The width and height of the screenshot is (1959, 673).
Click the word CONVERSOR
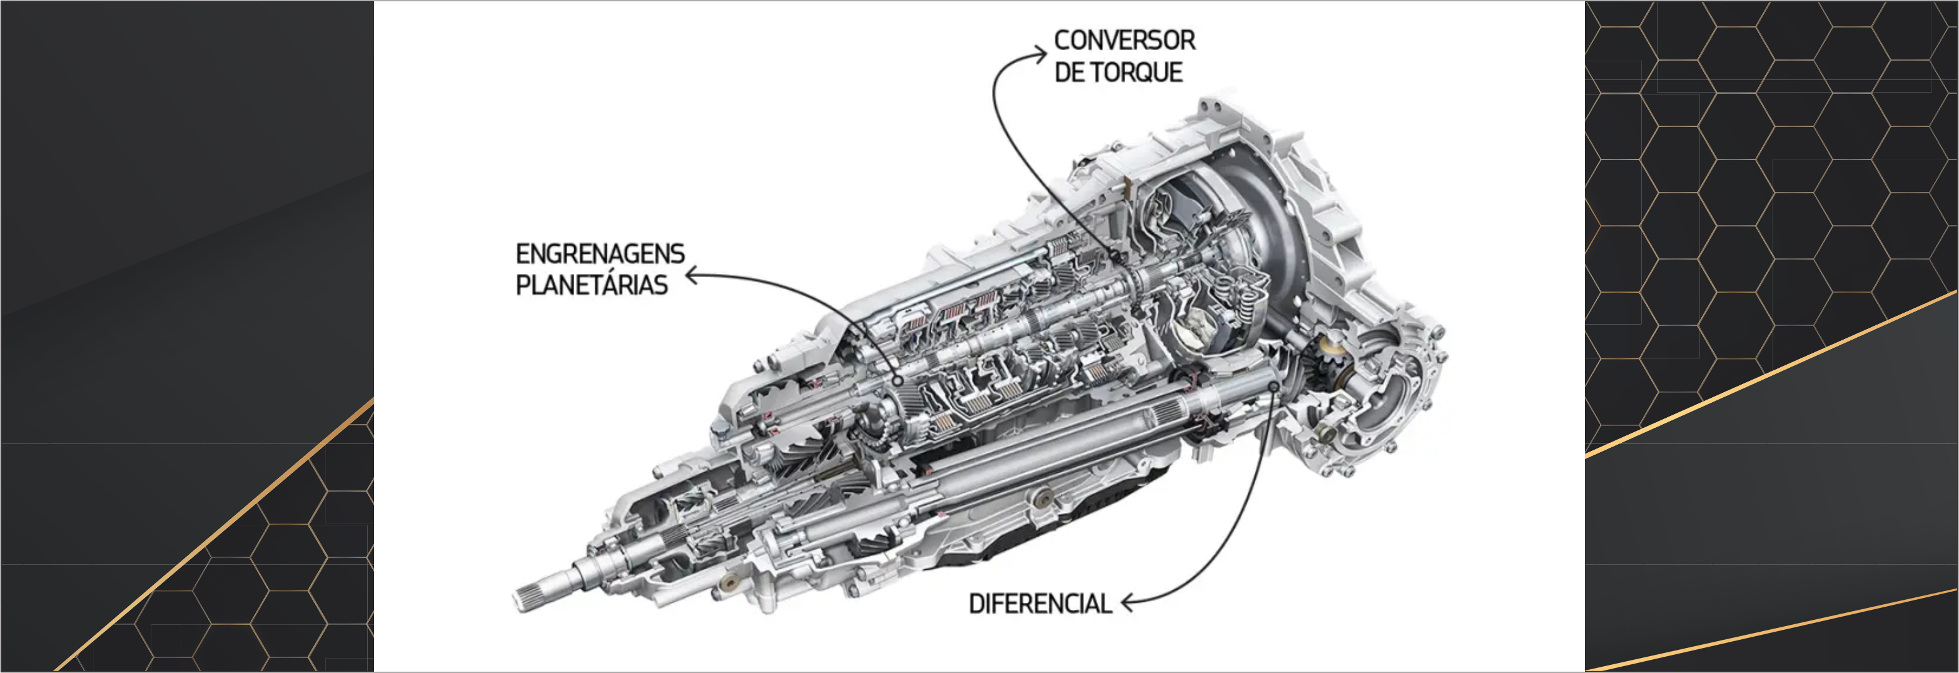point(1124,40)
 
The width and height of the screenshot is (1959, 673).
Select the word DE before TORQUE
point(1068,73)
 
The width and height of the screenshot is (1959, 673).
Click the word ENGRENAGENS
point(600,253)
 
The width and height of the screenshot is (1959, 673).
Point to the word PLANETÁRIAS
point(592,285)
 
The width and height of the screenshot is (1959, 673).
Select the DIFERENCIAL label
point(1040,604)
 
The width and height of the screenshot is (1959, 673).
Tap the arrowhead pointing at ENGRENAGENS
point(692,275)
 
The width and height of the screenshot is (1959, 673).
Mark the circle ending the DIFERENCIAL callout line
point(1274,387)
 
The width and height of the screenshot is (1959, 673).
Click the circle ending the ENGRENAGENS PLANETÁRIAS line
point(898,380)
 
